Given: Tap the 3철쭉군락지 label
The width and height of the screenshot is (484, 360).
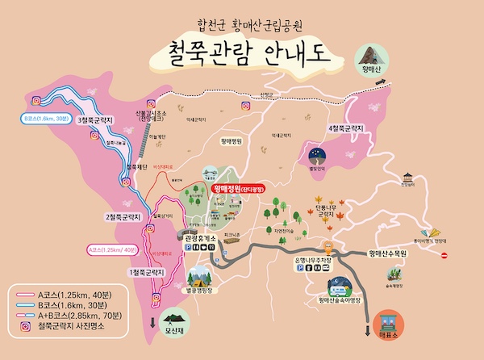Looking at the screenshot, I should coord(94,120).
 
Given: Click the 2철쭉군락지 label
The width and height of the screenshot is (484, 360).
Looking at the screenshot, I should coord(123,216).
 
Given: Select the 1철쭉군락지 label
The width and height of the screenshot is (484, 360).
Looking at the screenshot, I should coord(146,273).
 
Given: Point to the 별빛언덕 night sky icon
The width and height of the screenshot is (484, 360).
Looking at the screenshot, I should coord(316,154).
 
